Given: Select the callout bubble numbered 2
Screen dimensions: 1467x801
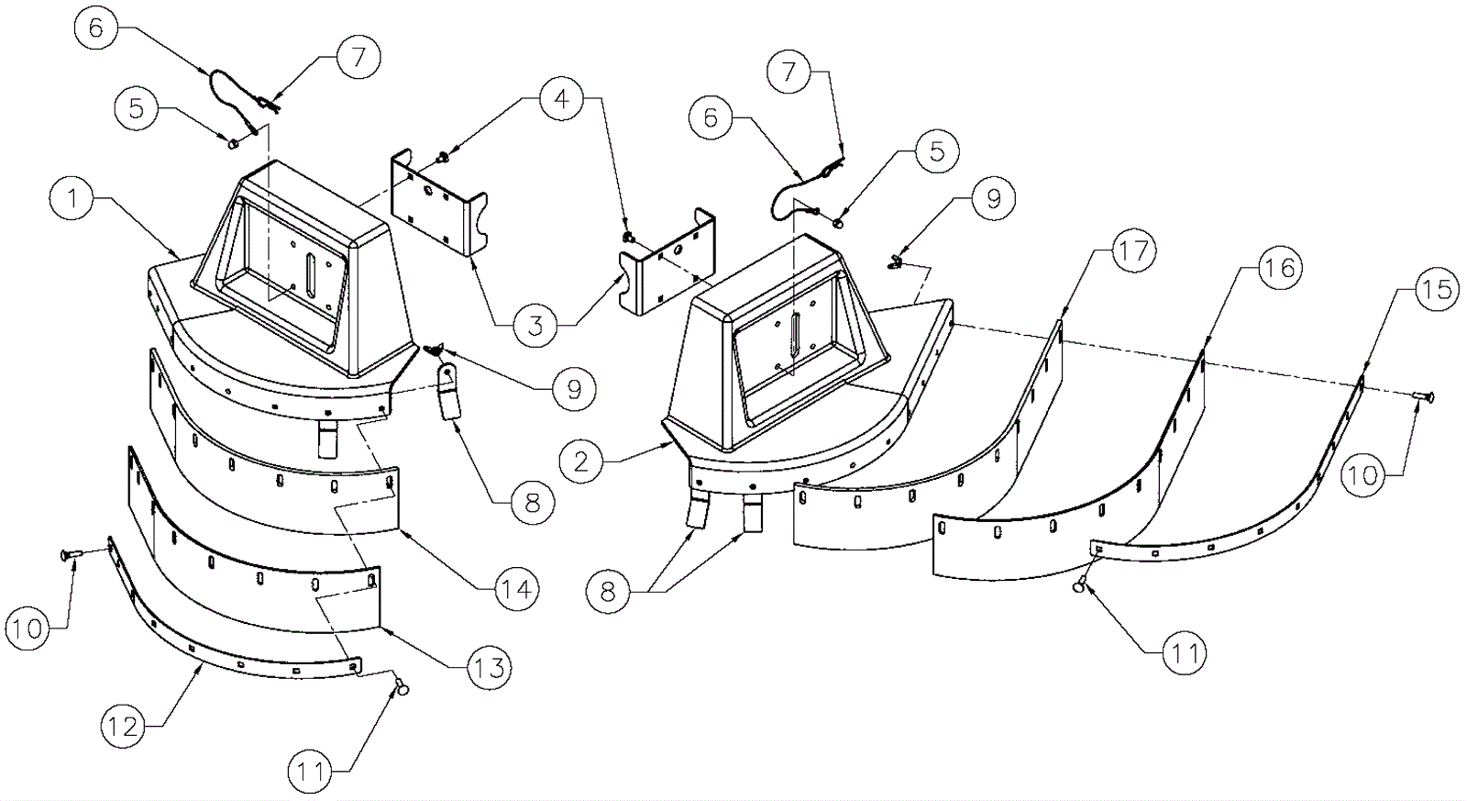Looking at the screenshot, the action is click(581, 462).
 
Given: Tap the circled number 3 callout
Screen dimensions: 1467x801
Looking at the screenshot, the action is click(535, 325).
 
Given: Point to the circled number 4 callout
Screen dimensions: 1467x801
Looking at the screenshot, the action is click(561, 99).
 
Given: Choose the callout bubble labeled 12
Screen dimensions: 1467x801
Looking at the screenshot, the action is click(124, 727).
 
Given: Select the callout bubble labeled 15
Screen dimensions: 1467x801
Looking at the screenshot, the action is click(1438, 289).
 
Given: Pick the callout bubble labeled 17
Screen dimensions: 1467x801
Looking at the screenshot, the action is click(1133, 250).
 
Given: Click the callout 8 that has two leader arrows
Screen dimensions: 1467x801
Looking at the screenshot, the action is click(609, 591).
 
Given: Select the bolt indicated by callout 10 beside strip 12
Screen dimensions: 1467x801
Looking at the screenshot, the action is click(72, 556).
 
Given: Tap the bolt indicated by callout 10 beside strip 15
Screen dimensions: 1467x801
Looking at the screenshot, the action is click(1422, 395).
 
